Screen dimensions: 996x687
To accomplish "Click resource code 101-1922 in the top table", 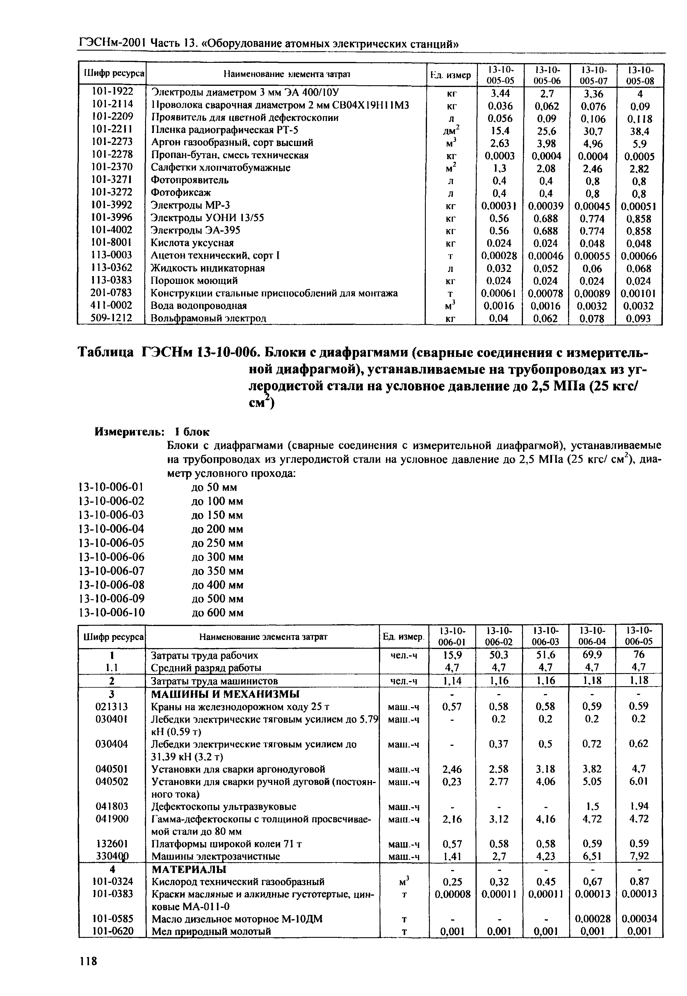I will click(x=112, y=92).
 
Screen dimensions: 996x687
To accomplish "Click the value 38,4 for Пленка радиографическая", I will click(x=640, y=131).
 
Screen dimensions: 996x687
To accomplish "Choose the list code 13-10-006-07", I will click(x=111, y=571).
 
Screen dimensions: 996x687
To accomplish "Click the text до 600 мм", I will click(x=217, y=613).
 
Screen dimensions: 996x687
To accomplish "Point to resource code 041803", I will click(x=112, y=806).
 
